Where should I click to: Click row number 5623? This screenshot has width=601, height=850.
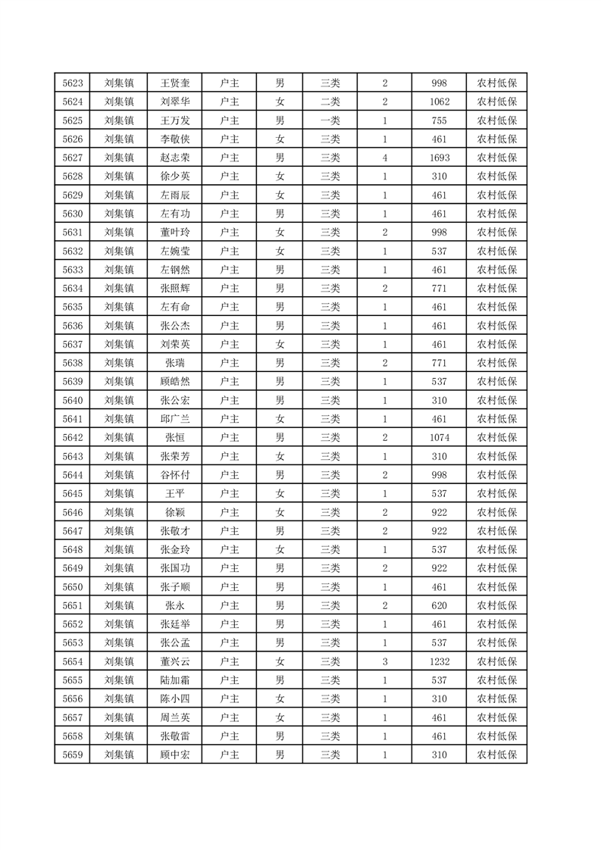(x=73, y=83)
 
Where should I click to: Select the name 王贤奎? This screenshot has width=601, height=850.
(x=175, y=83)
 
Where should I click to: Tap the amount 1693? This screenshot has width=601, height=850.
(x=439, y=158)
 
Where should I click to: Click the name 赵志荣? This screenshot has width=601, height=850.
(x=175, y=158)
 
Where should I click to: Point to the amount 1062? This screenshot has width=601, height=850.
(x=439, y=102)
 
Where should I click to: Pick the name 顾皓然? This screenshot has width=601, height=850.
(x=175, y=381)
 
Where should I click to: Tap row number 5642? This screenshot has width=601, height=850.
(x=73, y=437)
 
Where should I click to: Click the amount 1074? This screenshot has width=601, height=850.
(x=439, y=437)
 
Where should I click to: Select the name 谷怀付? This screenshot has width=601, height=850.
(x=175, y=475)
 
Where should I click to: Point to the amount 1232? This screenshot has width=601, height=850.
(x=439, y=661)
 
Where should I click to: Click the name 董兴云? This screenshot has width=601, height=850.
(x=175, y=661)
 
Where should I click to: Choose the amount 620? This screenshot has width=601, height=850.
(x=439, y=605)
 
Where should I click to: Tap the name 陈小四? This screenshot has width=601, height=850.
(x=175, y=698)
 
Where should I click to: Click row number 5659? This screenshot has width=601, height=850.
(x=73, y=755)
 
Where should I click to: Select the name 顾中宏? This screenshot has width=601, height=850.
(x=175, y=755)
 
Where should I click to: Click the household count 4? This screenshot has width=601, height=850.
(x=385, y=158)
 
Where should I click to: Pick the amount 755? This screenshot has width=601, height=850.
(x=439, y=120)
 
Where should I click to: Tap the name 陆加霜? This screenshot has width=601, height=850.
(x=175, y=680)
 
